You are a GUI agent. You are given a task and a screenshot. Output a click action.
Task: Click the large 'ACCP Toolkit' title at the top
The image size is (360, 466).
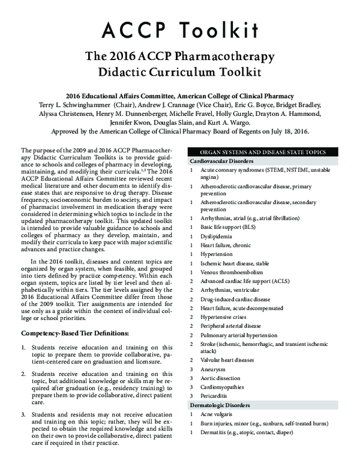tap(180, 29)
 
